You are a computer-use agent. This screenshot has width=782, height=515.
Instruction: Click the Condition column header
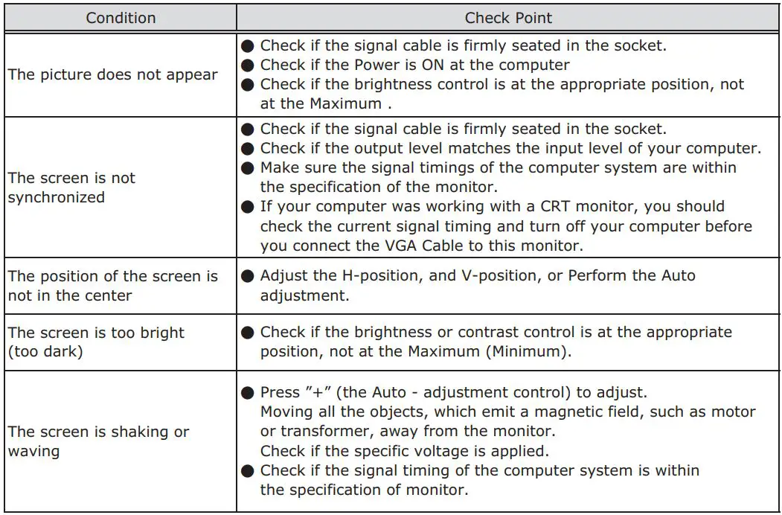tap(121, 18)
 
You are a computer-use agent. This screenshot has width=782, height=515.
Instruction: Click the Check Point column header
tap(509, 18)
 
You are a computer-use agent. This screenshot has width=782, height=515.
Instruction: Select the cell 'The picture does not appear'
tap(112, 74)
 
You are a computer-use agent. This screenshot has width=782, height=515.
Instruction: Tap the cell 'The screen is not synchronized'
tap(71, 188)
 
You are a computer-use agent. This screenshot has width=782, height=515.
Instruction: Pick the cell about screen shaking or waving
tap(98, 441)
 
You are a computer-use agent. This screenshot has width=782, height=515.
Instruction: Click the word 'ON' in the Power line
tap(444, 65)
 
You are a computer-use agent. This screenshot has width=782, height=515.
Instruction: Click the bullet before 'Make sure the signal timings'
tap(249, 167)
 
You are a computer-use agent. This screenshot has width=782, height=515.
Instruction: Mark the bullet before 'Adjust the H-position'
tap(249, 276)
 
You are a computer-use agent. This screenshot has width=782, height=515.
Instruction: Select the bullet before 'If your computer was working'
tap(249, 206)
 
